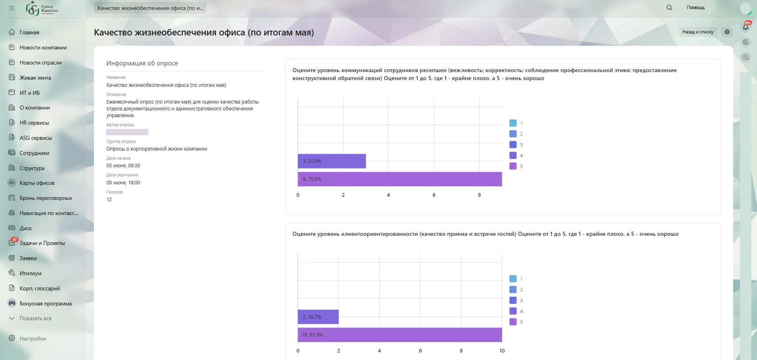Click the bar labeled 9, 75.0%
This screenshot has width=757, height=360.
(x=400, y=179)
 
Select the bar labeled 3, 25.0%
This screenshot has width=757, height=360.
(x=332, y=161)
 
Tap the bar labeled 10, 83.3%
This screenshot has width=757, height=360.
(x=400, y=335)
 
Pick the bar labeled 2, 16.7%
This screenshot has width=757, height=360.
(x=318, y=317)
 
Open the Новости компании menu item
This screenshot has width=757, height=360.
(x=43, y=47)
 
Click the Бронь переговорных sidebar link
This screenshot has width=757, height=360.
(x=46, y=198)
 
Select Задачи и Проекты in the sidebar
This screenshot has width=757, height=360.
(x=42, y=243)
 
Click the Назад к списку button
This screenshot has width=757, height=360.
(x=698, y=32)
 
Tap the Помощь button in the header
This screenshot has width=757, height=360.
(x=696, y=8)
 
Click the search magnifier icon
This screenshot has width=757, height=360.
(x=669, y=8)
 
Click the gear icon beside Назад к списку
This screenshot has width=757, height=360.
(x=727, y=32)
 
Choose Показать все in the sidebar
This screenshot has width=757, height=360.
(x=36, y=318)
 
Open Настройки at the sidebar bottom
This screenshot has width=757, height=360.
(x=33, y=338)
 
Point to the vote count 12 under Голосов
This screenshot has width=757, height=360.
(x=109, y=199)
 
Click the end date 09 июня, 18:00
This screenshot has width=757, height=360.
(x=123, y=182)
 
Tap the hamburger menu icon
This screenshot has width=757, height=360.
(x=12, y=8)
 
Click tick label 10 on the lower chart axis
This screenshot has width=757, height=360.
(x=502, y=351)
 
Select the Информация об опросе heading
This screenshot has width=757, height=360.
(x=142, y=63)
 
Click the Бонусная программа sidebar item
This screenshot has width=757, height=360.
(x=45, y=304)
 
